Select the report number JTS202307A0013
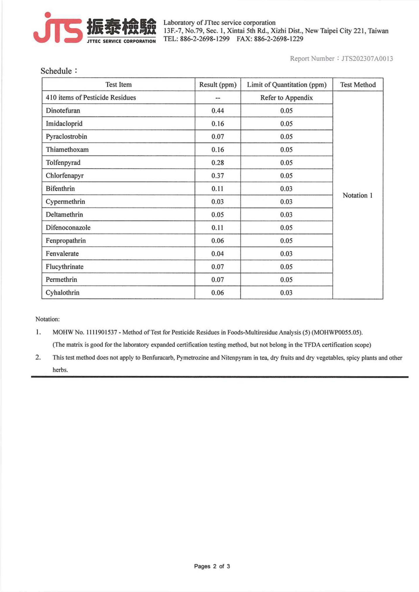click(x=367, y=58)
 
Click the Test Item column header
click(x=118, y=85)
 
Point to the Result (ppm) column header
click(x=218, y=85)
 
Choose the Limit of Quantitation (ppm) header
click(x=286, y=85)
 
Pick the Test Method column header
click(x=358, y=85)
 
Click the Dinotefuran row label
click(x=63, y=111)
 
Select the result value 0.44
click(x=218, y=111)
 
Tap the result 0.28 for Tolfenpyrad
click(x=218, y=163)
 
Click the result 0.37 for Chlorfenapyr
click(x=218, y=176)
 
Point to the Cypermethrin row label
click(x=65, y=202)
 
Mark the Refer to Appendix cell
click(x=286, y=98)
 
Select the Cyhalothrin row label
click(x=62, y=293)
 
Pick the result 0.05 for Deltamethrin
click(x=218, y=215)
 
